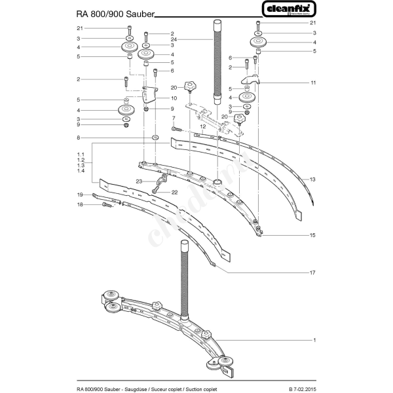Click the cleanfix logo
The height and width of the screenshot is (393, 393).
point(290,9)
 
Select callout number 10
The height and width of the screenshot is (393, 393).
point(174,98)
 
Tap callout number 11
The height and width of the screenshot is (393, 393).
point(314,83)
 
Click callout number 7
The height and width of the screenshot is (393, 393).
point(174,119)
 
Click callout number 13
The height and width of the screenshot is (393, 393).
point(314,179)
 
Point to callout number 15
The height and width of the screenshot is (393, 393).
point(314,234)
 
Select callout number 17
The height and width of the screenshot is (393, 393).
point(314,272)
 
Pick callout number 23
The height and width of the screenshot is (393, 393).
point(140,181)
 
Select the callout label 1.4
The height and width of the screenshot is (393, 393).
point(81,171)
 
